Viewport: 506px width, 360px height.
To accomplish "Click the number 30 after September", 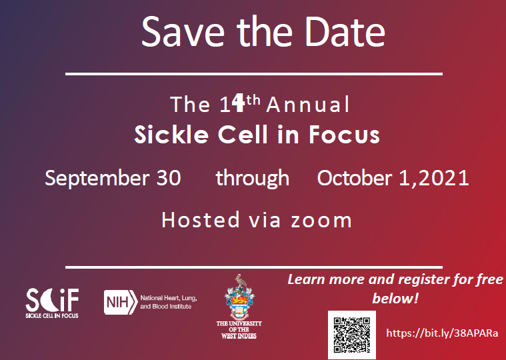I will (167, 179).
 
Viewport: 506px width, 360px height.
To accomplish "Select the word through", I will (252, 179).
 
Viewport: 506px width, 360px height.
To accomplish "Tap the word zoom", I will (321, 219).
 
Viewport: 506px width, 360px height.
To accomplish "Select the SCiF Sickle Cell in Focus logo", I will (52, 303).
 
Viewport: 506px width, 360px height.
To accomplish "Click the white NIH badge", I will (120, 301).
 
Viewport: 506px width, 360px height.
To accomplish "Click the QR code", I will (351, 334).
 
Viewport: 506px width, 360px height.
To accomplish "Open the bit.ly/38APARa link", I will (443, 332).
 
